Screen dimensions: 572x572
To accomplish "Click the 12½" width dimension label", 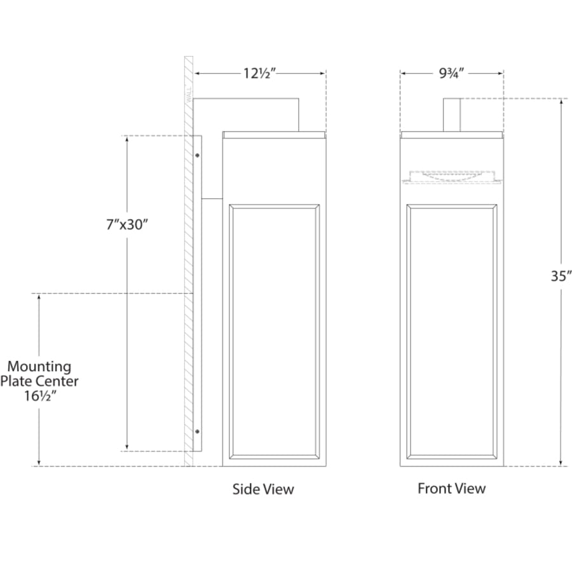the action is [x=259, y=73].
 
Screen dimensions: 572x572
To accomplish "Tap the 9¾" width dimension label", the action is [x=451, y=73].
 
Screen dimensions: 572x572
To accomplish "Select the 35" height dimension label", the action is [x=561, y=276].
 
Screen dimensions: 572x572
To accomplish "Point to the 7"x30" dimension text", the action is [x=127, y=224].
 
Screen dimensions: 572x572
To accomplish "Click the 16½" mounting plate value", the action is [x=40, y=395].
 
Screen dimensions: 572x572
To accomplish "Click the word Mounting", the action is [x=39, y=366].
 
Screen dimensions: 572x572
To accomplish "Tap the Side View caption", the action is [x=263, y=489].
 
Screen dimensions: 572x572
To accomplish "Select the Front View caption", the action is [x=452, y=489].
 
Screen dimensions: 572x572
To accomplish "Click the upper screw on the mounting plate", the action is [x=198, y=156].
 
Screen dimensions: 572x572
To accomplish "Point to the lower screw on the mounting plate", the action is [x=198, y=432].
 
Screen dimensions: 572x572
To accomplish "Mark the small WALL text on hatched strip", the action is [x=189, y=94].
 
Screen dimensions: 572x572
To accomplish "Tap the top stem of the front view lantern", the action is [x=452, y=115].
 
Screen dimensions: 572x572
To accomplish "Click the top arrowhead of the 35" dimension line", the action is [x=561, y=102].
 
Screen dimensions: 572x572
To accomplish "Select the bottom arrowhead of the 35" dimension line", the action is [x=561, y=463].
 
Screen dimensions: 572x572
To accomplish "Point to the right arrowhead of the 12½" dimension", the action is [x=322, y=73].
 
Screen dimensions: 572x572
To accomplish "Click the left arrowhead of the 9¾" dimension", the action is [x=404, y=73].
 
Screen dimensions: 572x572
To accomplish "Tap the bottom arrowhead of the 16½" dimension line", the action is [x=39, y=463].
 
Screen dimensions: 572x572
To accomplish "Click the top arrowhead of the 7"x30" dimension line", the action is [x=127, y=140].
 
